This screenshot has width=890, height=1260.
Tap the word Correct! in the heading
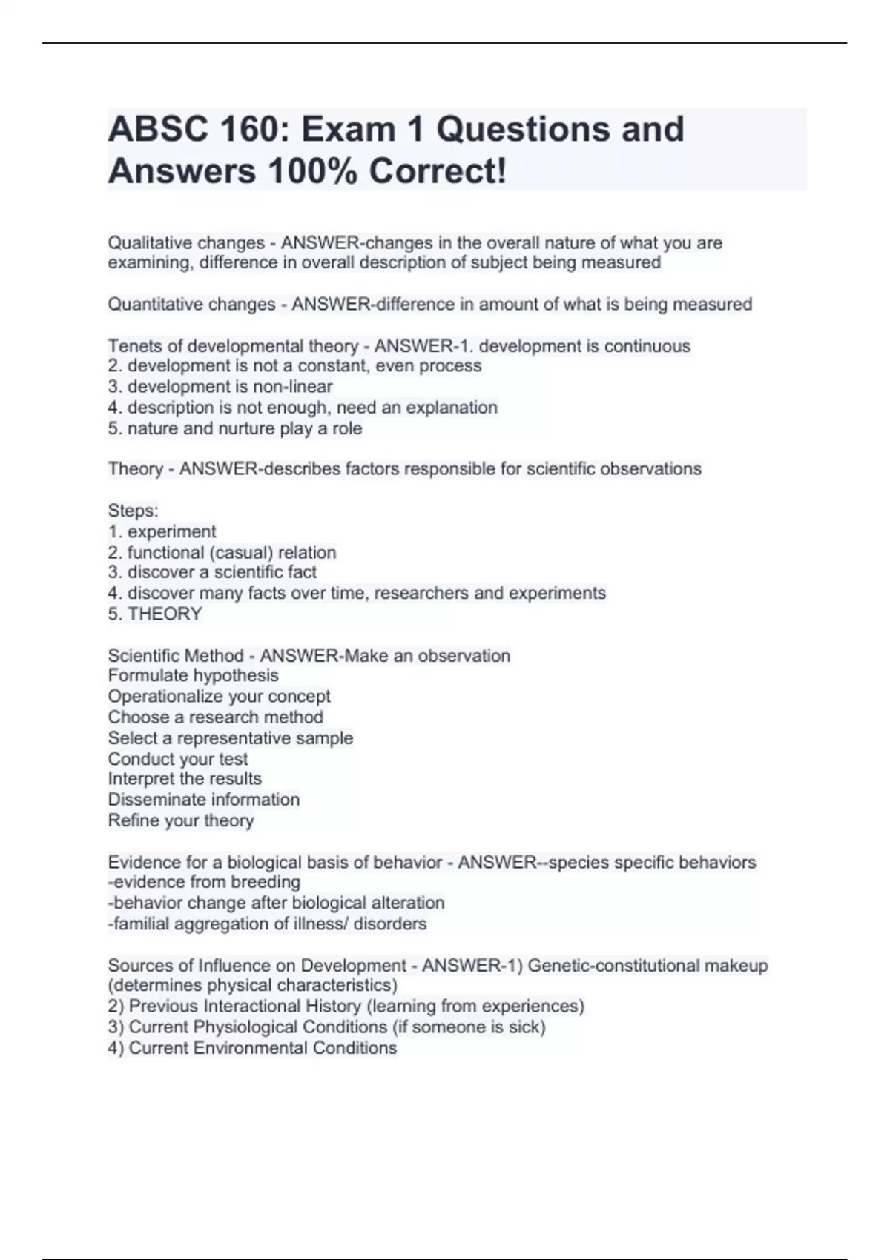[438, 171]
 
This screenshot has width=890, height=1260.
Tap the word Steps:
[133, 511]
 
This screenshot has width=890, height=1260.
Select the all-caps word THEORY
[165, 614]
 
